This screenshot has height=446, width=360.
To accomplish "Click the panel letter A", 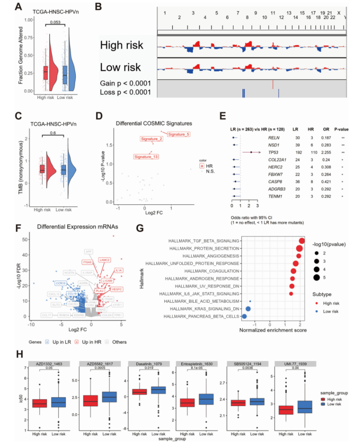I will [x=19, y=7].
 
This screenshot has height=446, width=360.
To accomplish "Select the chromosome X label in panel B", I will [x=339, y=13].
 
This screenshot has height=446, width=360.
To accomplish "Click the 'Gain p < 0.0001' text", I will [x=126, y=82].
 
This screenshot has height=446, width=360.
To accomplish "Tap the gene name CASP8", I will [x=275, y=182].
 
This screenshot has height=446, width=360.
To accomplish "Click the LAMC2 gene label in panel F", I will [x=105, y=260].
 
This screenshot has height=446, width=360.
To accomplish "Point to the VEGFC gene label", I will [x=117, y=289].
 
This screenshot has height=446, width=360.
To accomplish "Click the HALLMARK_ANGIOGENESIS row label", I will [x=205, y=256].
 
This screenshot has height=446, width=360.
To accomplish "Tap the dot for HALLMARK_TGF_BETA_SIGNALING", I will [x=301, y=241].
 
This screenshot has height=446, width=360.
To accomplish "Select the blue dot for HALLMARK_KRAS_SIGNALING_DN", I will [x=248, y=308].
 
